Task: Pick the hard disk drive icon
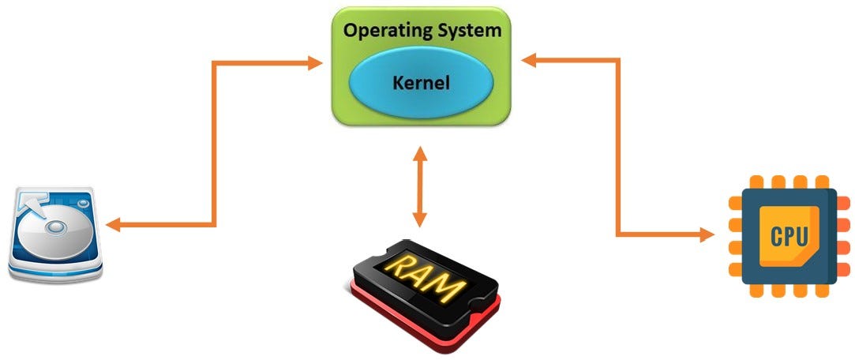tap(55, 234)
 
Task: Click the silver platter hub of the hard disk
tap(57, 227)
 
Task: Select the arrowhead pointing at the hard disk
tap(112, 225)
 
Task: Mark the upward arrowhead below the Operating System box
tap(419, 156)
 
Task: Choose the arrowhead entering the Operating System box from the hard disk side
tap(316, 62)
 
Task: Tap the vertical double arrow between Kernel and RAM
tap(419, 188)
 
